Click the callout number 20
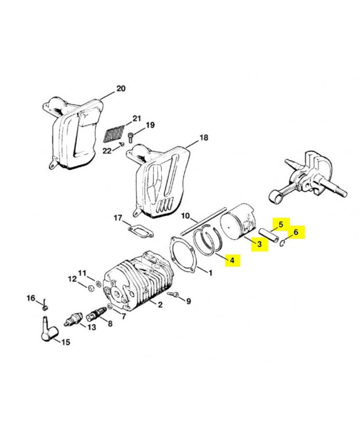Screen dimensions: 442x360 (x=121, y=88)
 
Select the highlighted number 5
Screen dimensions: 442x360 (x=280, y=224)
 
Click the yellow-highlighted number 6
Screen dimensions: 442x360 (x=295, y=232)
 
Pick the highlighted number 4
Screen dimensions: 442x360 (x=232, y=260)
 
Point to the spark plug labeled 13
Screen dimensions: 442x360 (x=73, y=319)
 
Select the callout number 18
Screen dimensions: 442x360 (x=204, y=138)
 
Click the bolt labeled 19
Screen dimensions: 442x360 (x=130, y=134)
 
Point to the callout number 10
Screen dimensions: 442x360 (x=186, y=215)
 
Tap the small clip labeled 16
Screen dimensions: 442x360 (x=46, y=306)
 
